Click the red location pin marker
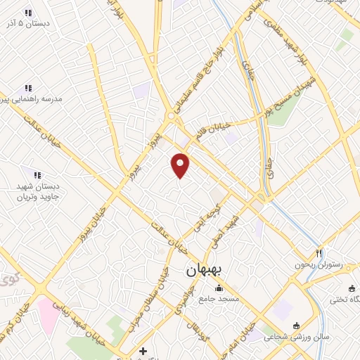(x=181, y=165)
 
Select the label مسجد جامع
(x=219, y=299)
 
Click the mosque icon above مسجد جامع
(x=219, y=288)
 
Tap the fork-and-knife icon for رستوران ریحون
(x=319, y=253)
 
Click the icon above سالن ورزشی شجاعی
(x=296, y=326)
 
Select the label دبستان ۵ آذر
(x=28, y=24)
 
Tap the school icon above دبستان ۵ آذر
(x=28, y=13)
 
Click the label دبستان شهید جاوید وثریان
(x=35, y=191)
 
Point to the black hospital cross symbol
(x=143, y=350)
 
